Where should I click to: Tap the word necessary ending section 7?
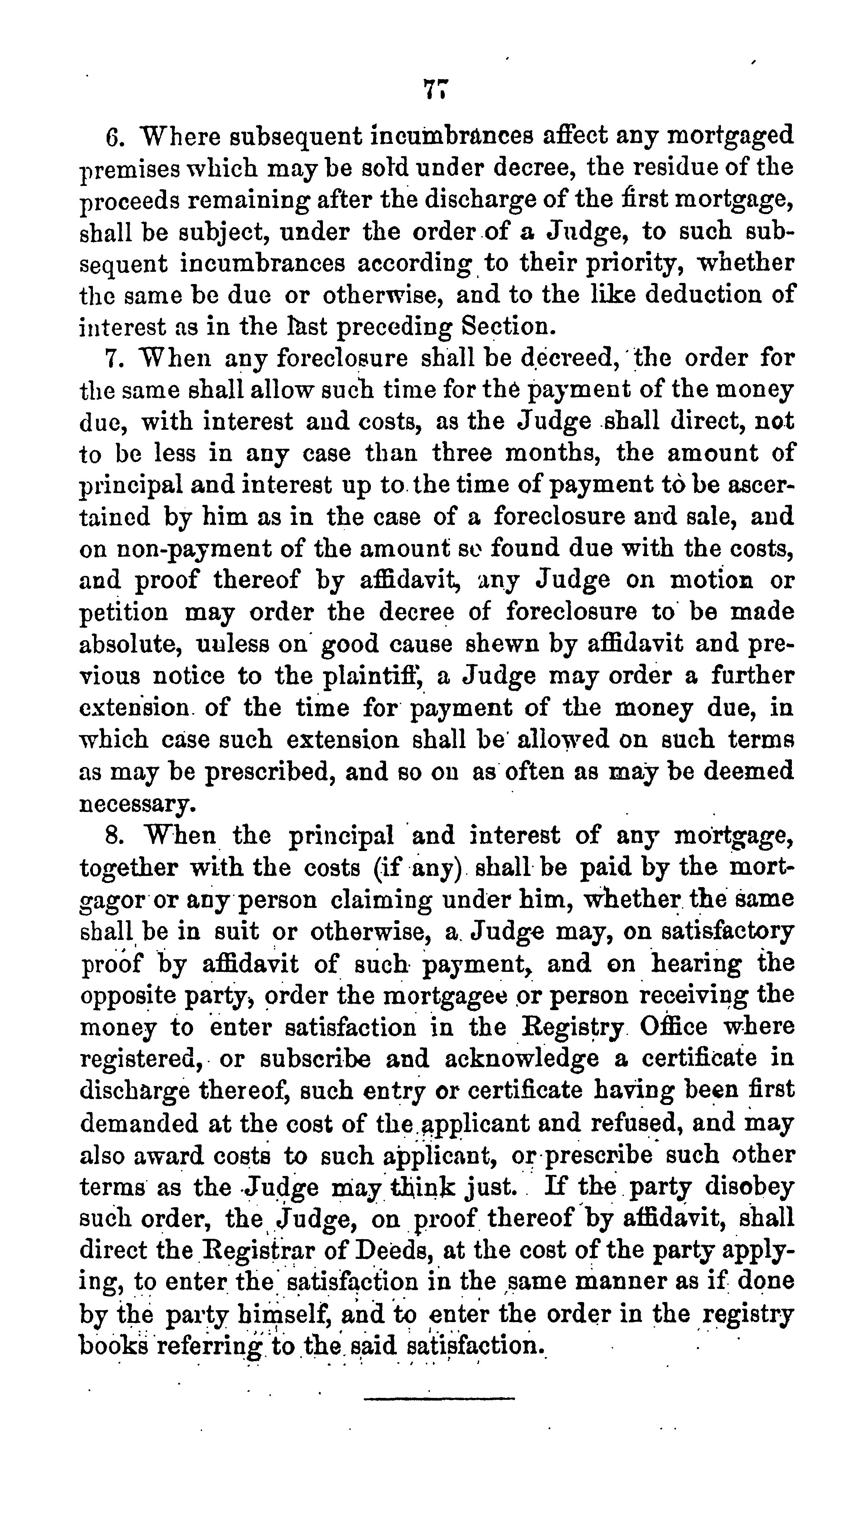coord(136,804)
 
